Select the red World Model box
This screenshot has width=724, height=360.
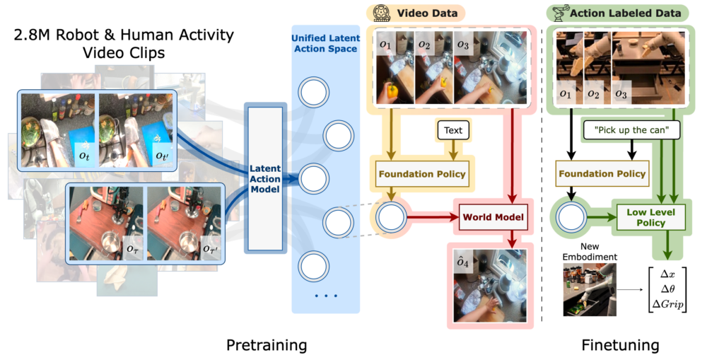[x=494, y=217]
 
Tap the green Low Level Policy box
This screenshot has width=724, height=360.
[x=650, y=217]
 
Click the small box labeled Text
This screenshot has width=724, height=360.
[x=453, y=130]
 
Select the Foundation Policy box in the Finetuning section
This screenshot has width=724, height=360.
[x=601, y=174]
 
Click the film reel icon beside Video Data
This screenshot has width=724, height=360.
[x=382, y=12]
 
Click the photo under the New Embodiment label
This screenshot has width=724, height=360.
[x=590, y=289]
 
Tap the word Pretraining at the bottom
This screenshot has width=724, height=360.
[x=267, y=345]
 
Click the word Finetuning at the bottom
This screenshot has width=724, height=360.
[x=620, y=345]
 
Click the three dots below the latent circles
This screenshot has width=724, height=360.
[x=325, y=296]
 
